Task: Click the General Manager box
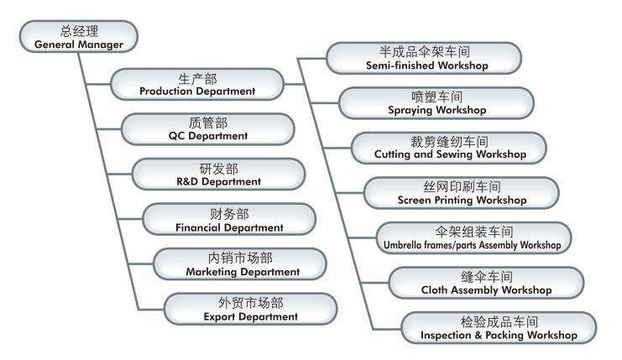[x=77, y=37]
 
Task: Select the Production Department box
[x=197, y=85]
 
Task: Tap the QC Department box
[x=208, y=129]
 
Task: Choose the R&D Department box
[x=219, y=175]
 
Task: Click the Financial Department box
[x=229, y=220]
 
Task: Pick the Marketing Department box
[x=242, y=265]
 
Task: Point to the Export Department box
[x=250, y=310]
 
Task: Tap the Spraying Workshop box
[x=436, y=102]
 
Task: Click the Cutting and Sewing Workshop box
[x=450, y=147]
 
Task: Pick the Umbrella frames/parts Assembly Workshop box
[x=474, y=237]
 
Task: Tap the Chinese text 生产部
[x=197, y=79]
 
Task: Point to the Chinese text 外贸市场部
[x=250, y=304]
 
